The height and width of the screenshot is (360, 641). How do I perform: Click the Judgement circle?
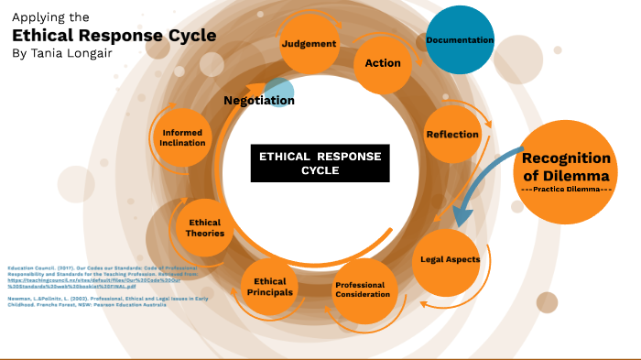(x=309, y=43)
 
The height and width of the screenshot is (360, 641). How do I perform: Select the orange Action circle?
(x=383, y=63)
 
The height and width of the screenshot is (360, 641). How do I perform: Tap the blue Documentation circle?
(x=460, y=39)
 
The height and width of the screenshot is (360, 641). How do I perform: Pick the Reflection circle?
(x=452, y=135)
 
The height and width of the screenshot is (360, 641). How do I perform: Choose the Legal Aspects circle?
(x=450, y=259)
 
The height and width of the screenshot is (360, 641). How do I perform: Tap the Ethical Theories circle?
(x=204, y=228)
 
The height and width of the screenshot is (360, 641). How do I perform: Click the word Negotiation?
(x=258, y=100)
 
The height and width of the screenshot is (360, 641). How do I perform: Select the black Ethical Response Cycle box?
(x=320, y=163)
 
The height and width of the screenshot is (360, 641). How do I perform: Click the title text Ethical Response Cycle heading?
(x=114, y=36)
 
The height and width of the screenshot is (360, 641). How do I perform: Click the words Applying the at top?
(x=51, y=16)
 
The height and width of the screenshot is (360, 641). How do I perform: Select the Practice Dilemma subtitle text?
(x=565, y=189)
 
